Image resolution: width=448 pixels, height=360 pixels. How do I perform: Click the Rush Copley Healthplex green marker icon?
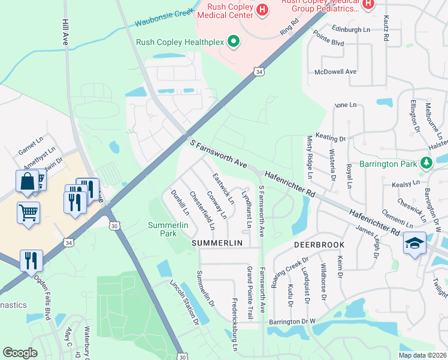tap(234, 42)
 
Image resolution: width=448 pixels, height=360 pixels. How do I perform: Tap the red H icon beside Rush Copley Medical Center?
tap(262, 10)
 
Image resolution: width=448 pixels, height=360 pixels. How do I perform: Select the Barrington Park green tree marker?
tap(426, 163)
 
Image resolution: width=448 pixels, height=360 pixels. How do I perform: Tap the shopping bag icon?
tap(28, 182)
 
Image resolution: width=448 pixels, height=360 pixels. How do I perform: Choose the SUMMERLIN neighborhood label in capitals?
tap(216, 243)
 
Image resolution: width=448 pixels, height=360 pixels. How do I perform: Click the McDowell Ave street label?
tap(335, 71)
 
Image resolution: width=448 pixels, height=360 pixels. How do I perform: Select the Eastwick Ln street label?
tap(221, 188)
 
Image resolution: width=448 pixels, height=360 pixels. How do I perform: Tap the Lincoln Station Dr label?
tap(184, 302)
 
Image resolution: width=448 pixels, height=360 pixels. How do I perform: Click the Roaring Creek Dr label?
tap(290, 272)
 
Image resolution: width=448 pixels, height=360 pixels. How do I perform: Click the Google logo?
tap(20, 353)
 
